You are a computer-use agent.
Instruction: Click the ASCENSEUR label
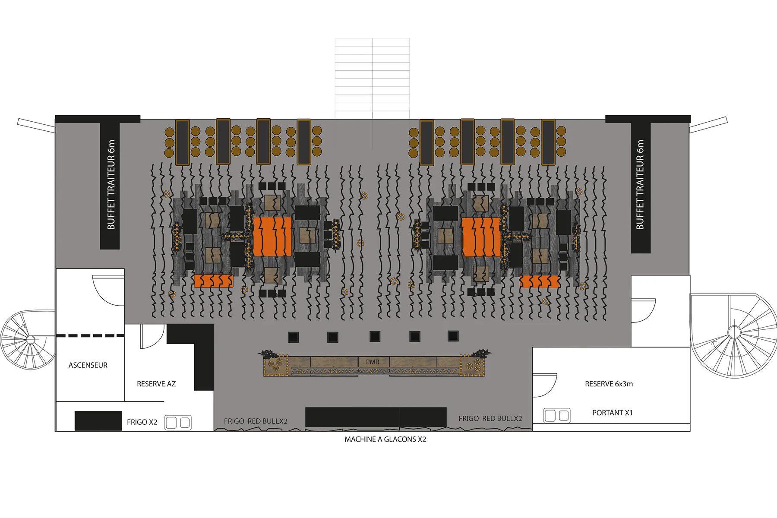88,365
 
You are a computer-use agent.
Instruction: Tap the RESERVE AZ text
156,384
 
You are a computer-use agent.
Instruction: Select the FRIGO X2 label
142,422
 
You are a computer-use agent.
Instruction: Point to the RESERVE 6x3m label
609,384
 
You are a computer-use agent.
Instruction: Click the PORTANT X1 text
612,413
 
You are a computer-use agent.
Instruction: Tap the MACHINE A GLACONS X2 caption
385,439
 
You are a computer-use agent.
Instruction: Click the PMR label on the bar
373,362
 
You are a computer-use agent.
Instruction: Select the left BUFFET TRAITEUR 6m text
111,185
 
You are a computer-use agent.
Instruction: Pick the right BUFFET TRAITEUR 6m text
640,185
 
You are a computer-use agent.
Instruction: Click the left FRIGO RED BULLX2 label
256,421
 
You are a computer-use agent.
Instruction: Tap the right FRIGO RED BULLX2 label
490,418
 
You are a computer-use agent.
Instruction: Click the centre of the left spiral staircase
31,339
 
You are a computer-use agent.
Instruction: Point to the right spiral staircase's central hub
734,332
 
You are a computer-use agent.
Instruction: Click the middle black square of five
375,336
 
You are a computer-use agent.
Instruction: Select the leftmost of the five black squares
294,337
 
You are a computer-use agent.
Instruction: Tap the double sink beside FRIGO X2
178,423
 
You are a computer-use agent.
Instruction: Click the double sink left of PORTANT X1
557,415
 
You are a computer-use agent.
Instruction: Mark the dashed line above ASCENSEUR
90,335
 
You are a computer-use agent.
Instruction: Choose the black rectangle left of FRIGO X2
98,421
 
